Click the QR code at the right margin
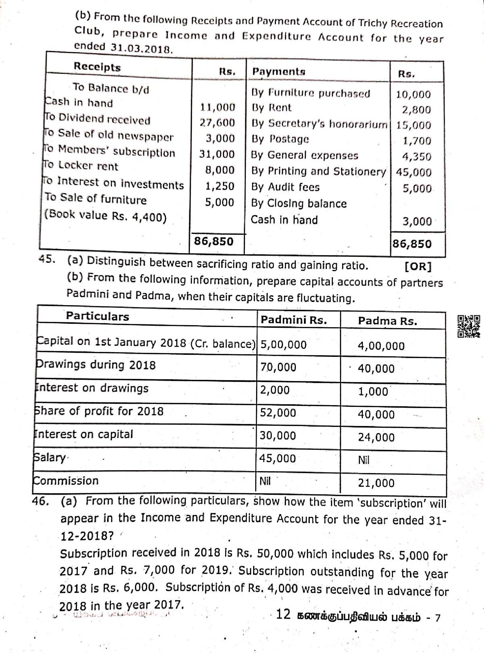[469, 326]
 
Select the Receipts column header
[97, 67]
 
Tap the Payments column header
[279, 71]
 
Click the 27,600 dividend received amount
[217, 122]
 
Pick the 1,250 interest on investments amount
[220, 186]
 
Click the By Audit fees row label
[285, 187]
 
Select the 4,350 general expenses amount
[417, 157]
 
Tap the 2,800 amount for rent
[416, 110]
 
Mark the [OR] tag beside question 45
[418, 266]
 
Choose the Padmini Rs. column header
[294, 320]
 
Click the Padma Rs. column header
[387, 321]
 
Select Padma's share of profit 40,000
[376, 414]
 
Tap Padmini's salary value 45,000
[278, 458]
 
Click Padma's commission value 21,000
[376, 483]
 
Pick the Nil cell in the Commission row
[265, 481]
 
